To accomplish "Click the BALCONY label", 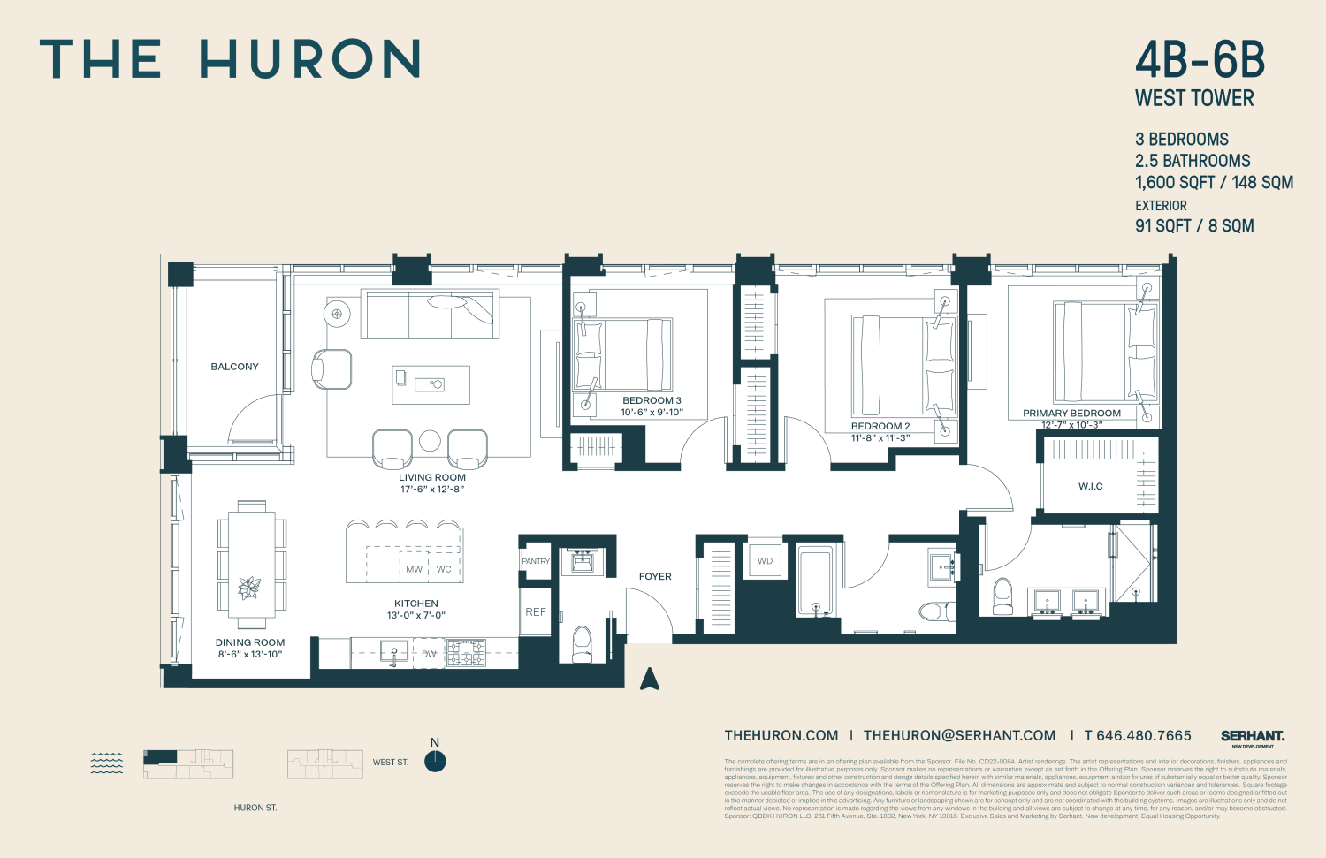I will [x=234, y=367].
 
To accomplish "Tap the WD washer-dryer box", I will [x=765, y=561].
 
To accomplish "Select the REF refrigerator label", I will [x=536, y=611].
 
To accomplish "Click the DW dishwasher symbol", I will [x=429, y=654].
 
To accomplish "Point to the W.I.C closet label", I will [x=1090, y=487].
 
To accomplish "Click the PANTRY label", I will [x=536, y=561].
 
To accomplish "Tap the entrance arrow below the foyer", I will [x=650, y=679].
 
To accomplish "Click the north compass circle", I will [x=435, y=762].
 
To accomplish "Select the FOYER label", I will [x=655, y=576].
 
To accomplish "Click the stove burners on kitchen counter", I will [x=466, y=653].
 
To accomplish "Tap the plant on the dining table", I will [x=250, y=588].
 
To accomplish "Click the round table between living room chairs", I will [x=430, y=441].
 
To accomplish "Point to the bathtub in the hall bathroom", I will [x=815, y=581].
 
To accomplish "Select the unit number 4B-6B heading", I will [x=1200, y=60].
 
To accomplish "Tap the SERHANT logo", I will [x=1252, y=736].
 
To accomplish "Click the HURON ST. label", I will [x=255, y=808].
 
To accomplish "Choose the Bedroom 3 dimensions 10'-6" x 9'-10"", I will [x=652, y=413].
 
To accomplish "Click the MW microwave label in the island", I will [x=414, y=570].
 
